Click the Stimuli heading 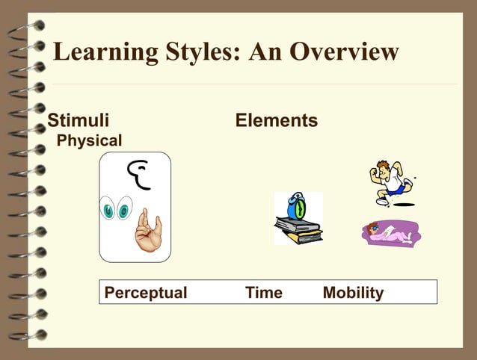click(x=79, y=120)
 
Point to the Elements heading click(x=276, y=120)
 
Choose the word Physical click(x=90, y=140)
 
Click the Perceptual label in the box click(x=146, y=293)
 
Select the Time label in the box click(x=264, y=293)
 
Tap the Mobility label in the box click(x=353, y=293)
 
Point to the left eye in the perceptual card click(x=109, y=210)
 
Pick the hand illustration click(x=147, y=232)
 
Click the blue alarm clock click(x=296, y=205)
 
